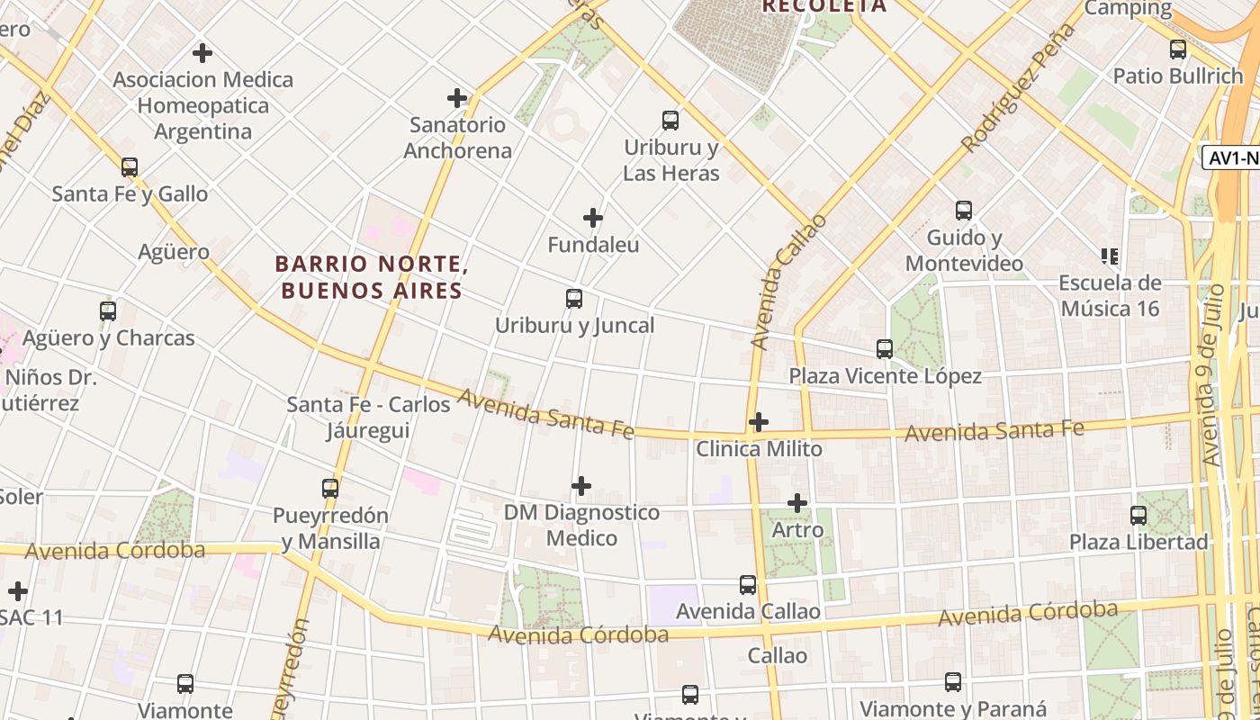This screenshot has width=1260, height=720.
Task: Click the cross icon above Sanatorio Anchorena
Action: (x=457, y=97)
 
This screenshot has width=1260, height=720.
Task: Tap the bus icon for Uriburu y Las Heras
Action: (x=670, y=120)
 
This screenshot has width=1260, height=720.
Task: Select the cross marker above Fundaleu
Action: (x=593, y=218)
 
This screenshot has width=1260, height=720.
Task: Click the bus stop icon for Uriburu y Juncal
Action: (x=574, y=299)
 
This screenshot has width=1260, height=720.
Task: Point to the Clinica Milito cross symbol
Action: (x=759, y=421)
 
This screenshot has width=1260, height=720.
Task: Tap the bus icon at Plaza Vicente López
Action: (x=885, y=348)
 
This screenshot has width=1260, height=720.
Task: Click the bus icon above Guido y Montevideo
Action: (x=964, y=211)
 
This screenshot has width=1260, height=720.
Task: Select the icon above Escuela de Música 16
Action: (x=1110, y=256)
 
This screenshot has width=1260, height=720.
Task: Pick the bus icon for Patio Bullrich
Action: (x=1178, y=49)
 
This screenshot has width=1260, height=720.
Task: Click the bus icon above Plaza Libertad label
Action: (x=1138, y=516)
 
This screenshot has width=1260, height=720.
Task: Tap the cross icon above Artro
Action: (x=797, y=503)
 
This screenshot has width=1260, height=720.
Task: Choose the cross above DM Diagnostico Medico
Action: (x=581, y=486)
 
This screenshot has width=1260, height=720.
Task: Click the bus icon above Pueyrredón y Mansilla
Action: (x=330, y=489)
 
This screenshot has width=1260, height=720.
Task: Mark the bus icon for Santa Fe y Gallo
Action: (x=130, y=166)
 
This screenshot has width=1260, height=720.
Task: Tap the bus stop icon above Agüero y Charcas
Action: (x=108, y=311)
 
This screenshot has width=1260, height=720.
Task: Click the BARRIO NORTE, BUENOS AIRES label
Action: (x=370, y=277)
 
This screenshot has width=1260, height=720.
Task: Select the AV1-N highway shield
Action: (x=1231, y=157)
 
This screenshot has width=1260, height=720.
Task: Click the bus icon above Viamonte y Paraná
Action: (x=953, y=682)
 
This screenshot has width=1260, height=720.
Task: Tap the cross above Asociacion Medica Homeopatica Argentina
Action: (x=202, y=53)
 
